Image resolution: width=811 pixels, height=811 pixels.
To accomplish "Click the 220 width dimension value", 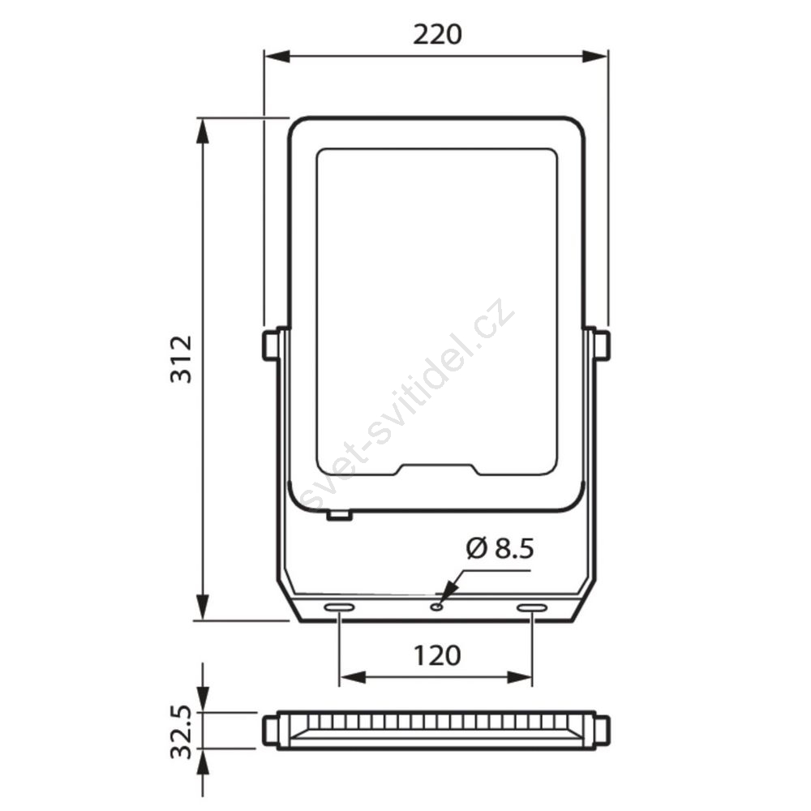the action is [x=437, y=35].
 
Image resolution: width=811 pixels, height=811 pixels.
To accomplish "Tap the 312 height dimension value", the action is [x=182, y=359].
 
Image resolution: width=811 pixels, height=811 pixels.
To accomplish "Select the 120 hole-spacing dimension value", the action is [x=437, y=656].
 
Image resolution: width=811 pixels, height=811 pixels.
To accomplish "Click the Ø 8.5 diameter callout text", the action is [x=500, y=548].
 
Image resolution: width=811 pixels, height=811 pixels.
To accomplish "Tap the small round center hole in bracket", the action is [x=438, y=606].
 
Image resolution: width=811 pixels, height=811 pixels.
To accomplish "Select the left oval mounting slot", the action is [x=339, y=607].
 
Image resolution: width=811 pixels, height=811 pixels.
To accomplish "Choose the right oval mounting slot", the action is [x=533, y=607].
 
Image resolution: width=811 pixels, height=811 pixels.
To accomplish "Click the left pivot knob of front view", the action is [x=270, y=345].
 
